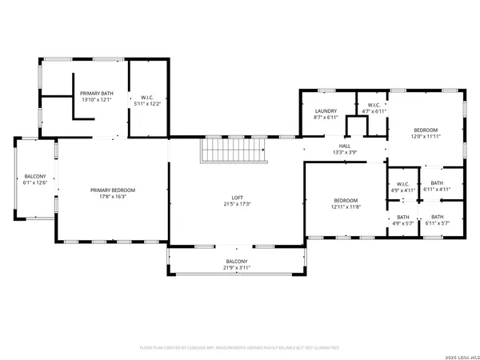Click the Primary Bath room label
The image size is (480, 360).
pyautogui.click(x=96, y=94)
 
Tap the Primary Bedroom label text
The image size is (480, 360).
pyautogui.click(x=112, y=190)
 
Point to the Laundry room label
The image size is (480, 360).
pyautogui.click(x=325, y=111)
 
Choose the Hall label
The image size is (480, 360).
pyautogui.click(x=344, y=146)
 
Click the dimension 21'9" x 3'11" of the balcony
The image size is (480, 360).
pyautogui.click(x=237, y=268)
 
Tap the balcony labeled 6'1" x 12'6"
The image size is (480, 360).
pyautogui.click(x=34, y=179)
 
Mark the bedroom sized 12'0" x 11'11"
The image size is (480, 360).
pyautogui.click(x=425, y=133)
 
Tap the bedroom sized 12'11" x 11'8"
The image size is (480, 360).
pyautogui.click(x=345, y=203)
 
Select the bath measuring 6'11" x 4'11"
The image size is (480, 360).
pyautogui.click(x=436, y=186)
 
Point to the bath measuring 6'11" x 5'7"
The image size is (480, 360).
pyautogui.click(x=436, y=220)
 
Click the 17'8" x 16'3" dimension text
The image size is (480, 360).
pyautogui.click(x=112, y=195)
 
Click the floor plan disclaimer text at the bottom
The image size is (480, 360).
pyautogui.click(x=240, y=348)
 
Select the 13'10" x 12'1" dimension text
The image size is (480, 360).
pyautogui.click(x=96, y=101)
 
